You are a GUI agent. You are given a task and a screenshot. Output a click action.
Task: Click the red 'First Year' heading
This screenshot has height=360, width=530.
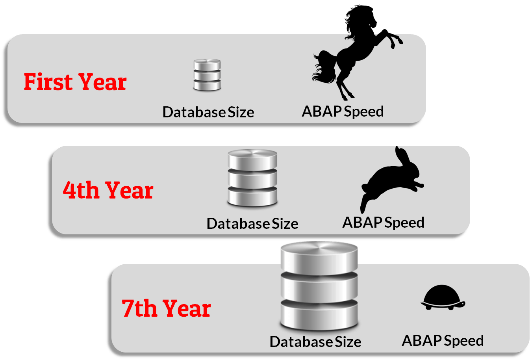tap(75, 82)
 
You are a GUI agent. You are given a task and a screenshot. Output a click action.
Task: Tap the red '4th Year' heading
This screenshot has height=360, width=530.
tap(108, 190)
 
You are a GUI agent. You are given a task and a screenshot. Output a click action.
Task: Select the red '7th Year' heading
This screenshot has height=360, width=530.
tap(166, 308)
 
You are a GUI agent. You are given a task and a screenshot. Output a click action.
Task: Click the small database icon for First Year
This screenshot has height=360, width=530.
tap(207, 75)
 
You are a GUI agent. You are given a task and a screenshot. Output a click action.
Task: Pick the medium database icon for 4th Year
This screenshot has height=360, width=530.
tap(252, 178)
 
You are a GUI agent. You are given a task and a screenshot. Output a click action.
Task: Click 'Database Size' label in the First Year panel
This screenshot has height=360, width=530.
tap(208, 112)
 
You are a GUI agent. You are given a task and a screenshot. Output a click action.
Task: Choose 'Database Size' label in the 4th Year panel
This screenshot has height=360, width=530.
tap(252, 224)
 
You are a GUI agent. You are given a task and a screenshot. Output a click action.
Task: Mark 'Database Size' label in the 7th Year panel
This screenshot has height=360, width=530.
tap(315, 342)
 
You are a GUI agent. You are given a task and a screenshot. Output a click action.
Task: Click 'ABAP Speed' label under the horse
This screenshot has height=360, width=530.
tap(343, 111)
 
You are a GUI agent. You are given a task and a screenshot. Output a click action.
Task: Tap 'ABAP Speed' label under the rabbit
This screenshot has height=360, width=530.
tap(383, 223)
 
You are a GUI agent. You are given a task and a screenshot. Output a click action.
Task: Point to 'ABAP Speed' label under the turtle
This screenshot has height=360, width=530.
tap(443, 341)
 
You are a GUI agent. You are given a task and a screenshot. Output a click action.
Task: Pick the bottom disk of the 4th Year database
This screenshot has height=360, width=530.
tap(252, 196)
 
